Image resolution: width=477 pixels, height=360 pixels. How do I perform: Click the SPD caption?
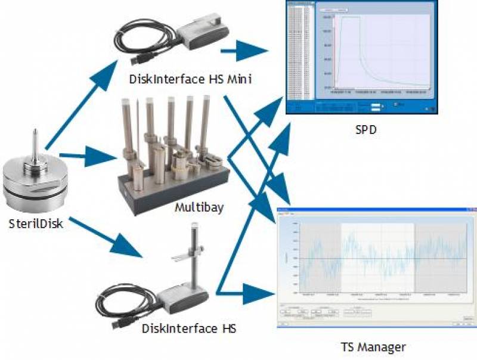pyautogui.click(x=362, y=129)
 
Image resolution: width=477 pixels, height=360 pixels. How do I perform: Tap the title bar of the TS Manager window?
pyautogui.click(x=376, y=211)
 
